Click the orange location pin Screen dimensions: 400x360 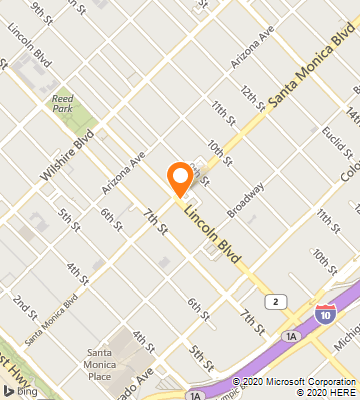point(180,177)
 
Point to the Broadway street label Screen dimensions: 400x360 point(246,198)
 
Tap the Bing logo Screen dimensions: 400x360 point(16,390)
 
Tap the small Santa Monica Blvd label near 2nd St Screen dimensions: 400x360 point(51,319)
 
